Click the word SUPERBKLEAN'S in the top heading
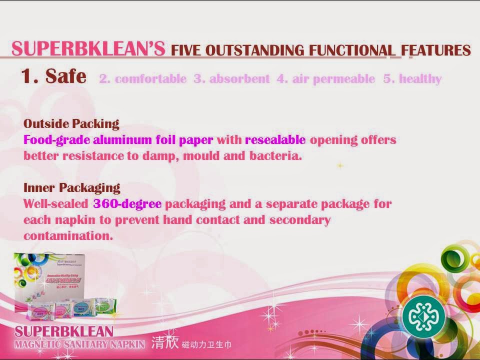(88, 49)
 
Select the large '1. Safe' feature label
(53, 76)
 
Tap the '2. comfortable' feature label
(143, 79)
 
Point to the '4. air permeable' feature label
(326, 79)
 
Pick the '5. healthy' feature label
(412, 79)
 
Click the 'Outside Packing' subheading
(71, 123)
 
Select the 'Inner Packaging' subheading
(71, 187)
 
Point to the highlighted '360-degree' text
(127, 204)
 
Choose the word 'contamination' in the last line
(68, 236)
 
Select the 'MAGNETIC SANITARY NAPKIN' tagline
(79, 344)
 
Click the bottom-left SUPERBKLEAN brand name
(64, 331)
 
